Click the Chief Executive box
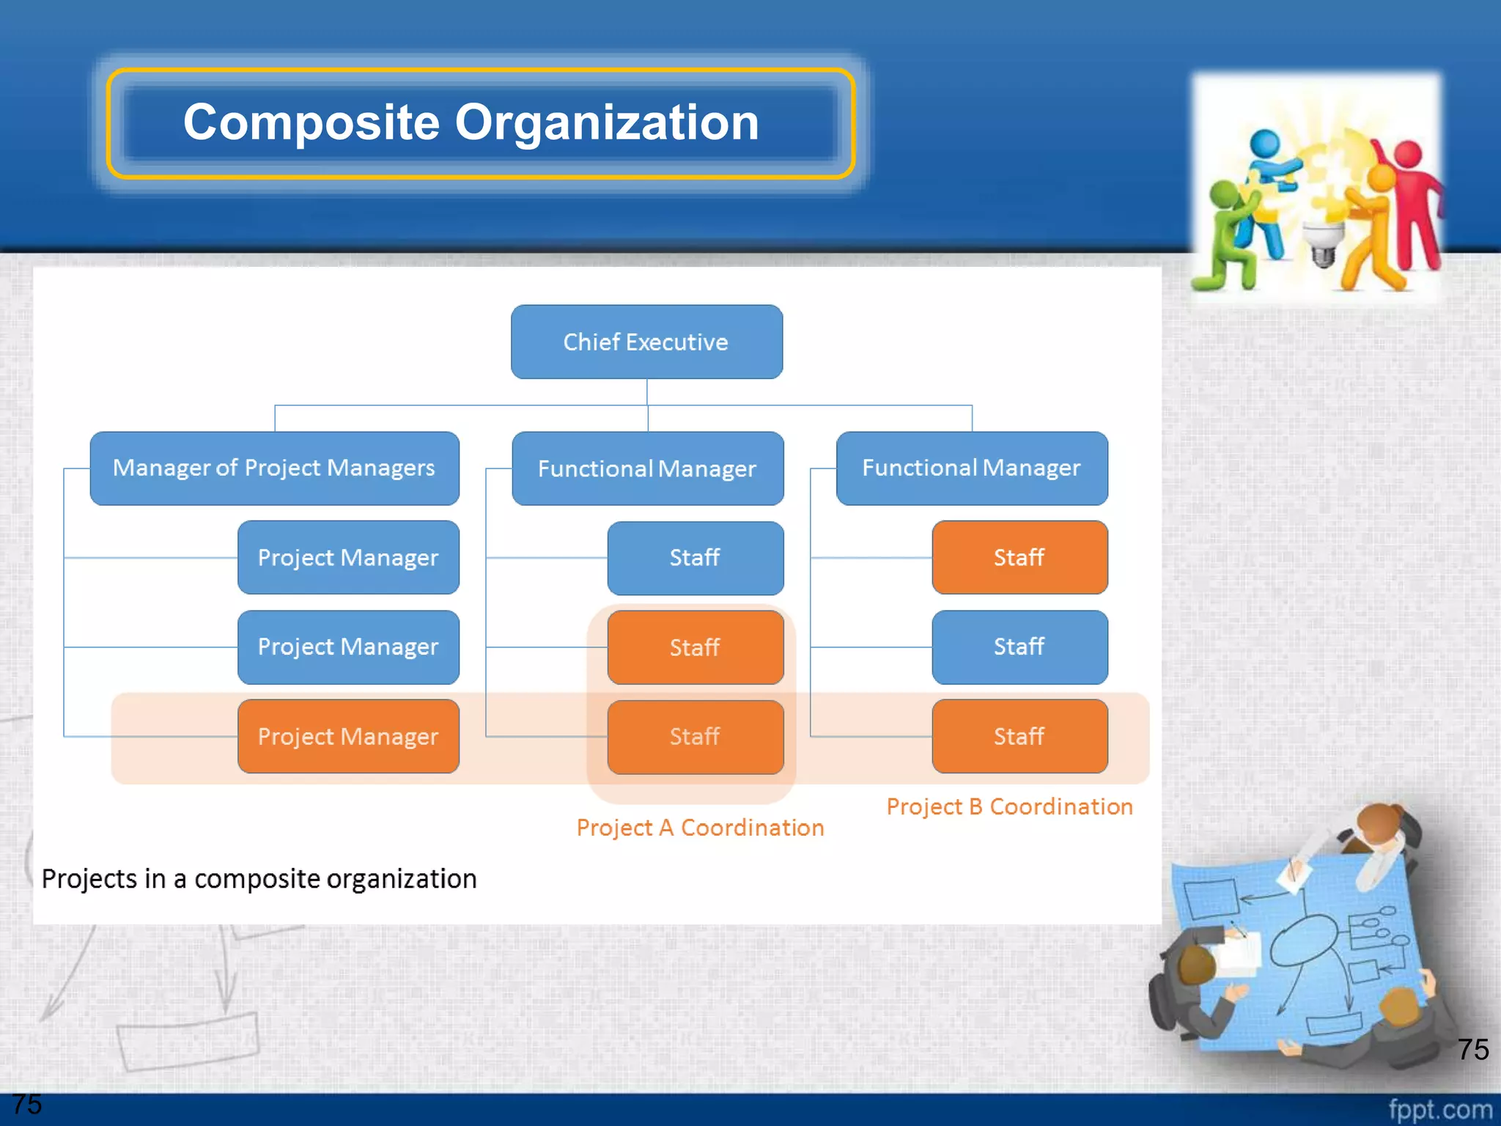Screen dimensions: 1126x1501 point(646,342)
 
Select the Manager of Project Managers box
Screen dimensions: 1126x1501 point(274,468)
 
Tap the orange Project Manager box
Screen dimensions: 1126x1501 point(348,736)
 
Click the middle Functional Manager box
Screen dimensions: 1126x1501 point(647,468)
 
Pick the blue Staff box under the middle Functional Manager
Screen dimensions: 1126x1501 point(695,558)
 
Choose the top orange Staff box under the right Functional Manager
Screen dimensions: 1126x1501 point(1019,557)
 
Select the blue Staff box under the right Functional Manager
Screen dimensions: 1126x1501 point(1019,647)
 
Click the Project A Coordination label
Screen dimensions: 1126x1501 point(700,828)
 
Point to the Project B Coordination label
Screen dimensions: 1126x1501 point(1009,806)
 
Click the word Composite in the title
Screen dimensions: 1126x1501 point(311,122)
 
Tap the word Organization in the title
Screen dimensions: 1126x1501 point(607,122)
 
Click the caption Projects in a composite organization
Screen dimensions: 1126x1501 point(259,878)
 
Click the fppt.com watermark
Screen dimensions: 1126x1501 point(1439,1109)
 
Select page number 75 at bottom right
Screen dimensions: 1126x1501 point(1472,1049)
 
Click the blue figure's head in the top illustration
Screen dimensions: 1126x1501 point(1264,143)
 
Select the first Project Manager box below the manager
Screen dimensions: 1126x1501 point(348,558)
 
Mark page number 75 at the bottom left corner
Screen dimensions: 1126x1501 point(27,1104)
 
